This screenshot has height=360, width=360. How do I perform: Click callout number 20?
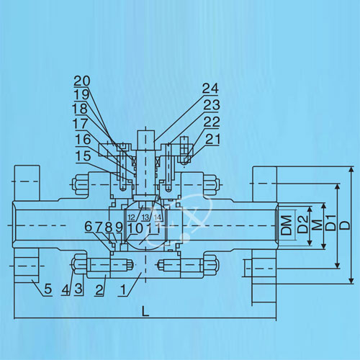82,81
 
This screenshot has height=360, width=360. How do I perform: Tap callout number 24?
210,89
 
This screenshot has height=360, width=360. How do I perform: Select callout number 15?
83,156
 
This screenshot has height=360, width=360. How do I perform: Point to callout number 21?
212,139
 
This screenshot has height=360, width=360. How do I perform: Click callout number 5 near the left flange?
48,289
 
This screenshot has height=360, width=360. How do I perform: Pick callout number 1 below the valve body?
123,289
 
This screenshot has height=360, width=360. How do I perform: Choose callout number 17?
81,124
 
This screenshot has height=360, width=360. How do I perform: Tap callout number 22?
212,122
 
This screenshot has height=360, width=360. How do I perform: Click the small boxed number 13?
145,217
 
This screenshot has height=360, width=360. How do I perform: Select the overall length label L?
145,311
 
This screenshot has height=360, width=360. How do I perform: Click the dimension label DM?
287,225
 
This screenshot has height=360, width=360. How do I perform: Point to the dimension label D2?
302,224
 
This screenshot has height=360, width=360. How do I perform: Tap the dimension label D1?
331,223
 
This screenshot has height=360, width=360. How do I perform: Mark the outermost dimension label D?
346,225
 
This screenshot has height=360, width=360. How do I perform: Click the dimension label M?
318,225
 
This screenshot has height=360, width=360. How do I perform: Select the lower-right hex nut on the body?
212,264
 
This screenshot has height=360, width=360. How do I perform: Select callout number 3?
78,289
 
